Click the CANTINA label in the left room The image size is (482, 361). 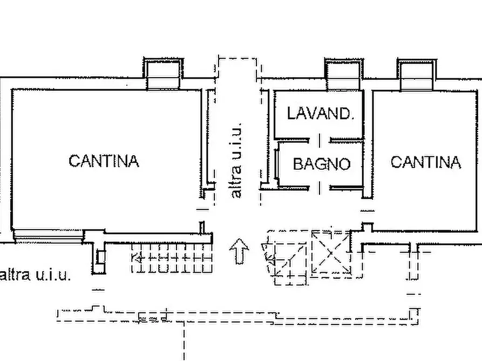tap(104, 161)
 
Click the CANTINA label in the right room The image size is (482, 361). tap(425, 162)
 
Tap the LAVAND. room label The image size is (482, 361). tap(320, 113)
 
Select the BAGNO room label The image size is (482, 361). tap(321, 164)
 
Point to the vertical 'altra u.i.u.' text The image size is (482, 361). tap(236, 160)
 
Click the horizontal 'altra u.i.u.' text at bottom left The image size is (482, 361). tap(36, 275)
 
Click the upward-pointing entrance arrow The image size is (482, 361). tap(239, 252)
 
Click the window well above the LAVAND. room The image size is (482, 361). tap(342, 74)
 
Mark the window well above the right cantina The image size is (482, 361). tap(416, 74)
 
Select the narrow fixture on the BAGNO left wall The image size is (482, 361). tap(276, 164)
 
